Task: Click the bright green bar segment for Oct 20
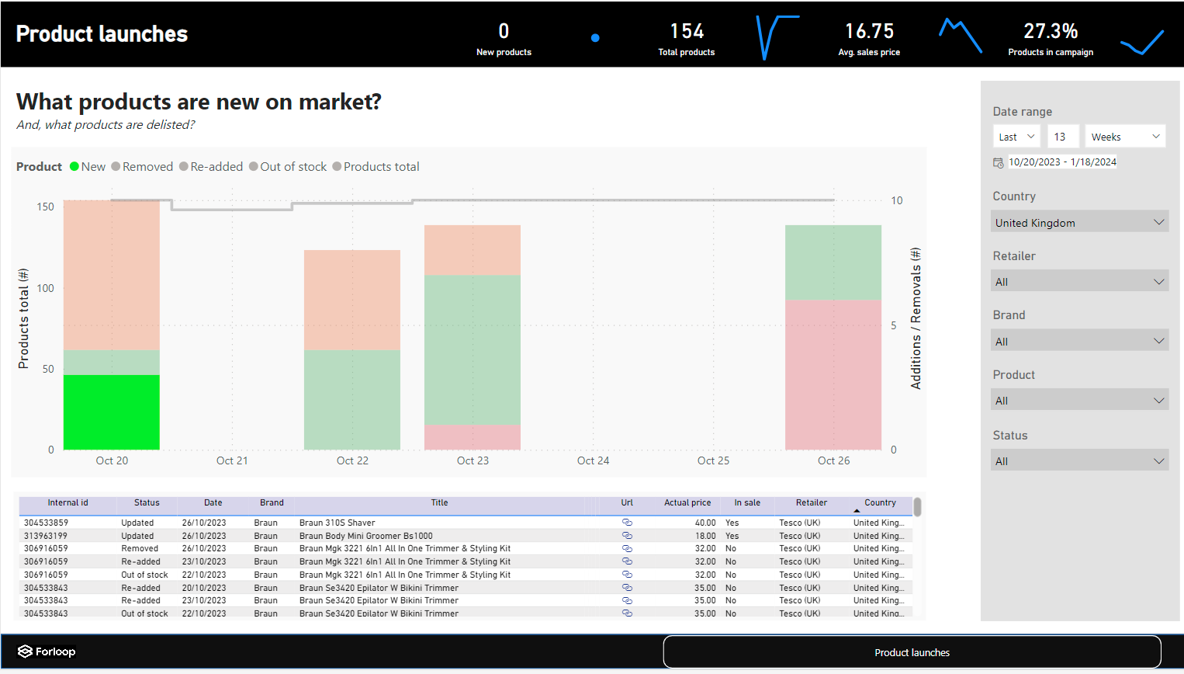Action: tap(112, 412)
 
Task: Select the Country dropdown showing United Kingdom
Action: tap(1079, 223)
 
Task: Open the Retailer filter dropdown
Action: tap(1079, 281)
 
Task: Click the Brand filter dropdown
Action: tap(1079, 341)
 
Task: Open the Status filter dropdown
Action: tap(1079, 460)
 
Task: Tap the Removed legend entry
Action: tap(142, 167)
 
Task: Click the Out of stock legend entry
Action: tap(288, 167)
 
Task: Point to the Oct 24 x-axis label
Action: tap(593, 460)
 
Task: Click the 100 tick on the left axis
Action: tap(46, 288)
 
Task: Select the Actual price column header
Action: tap(687, 502)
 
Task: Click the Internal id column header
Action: tap(68, 502)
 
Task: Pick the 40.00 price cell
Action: tap(705, 523)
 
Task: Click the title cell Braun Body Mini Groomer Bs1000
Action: tap(365, 536)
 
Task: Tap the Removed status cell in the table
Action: tap(140, 549)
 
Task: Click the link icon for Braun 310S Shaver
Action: tap(628, 522)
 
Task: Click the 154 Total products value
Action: tap(687, 31)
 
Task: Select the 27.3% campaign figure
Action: tap(1051, 31)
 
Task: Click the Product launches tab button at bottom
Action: tap(912, 652)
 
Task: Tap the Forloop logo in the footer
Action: tap(47, 651)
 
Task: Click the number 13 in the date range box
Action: tap(1060, 137)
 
